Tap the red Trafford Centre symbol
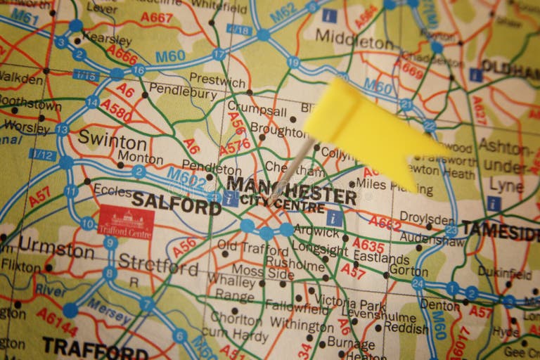coord(127,222)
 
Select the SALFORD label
coord(176,203)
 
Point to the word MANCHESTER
coord(291,186)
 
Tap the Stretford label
coord(157,264)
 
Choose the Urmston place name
coord(56,248)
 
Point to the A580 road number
coord(116,110)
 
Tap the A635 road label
coord(368,245)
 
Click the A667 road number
coord(156,17)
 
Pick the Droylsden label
coord(427,218)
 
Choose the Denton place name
coord(439,305)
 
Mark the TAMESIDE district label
coord(500,230)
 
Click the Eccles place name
coord(112,190)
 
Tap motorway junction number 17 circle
coord(219,54)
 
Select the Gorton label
coord(408,271)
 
